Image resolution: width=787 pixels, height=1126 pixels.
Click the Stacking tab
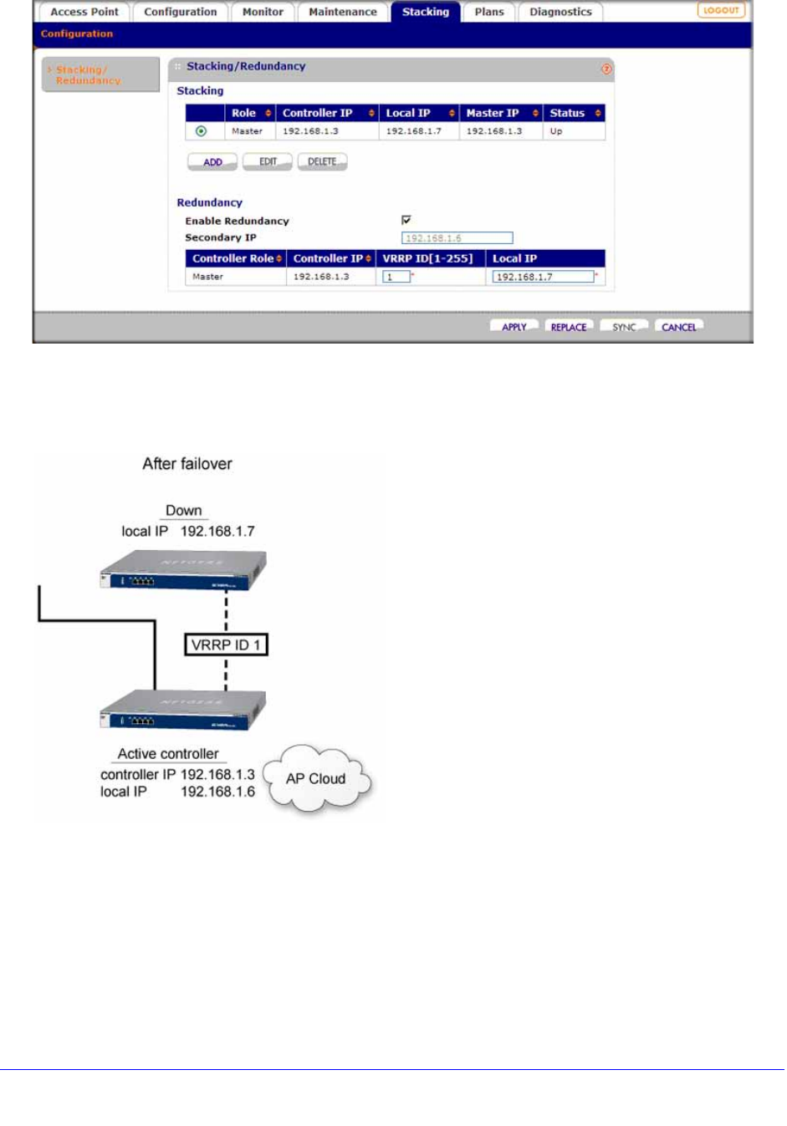pos(425,12)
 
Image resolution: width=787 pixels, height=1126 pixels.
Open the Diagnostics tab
pos(560,12)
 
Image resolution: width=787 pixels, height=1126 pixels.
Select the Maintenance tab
pos(342,12)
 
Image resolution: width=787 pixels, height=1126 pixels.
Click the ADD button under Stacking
pos(212,162)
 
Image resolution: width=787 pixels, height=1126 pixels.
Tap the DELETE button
pos(322,162)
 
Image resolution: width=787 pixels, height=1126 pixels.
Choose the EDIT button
pos(268,162)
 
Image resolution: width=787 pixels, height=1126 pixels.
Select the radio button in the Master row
pos(201,131)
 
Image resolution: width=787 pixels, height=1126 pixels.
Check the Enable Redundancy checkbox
pos(406,220)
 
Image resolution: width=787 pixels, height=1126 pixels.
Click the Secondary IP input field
pos(457,238)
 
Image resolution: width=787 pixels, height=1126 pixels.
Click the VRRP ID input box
pos(396,277)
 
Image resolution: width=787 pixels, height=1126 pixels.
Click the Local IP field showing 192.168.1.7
pos(543,277)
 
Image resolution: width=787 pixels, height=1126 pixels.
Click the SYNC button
pos(624,327)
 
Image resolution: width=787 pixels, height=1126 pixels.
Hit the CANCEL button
pos(678,327)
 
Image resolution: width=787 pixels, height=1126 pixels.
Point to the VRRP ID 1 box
pos(226,645)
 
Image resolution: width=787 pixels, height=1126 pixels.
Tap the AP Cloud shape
pos(316,779)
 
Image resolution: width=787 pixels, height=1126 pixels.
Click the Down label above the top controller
pos(184,511)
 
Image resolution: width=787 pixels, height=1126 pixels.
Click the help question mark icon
pos(606,69)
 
